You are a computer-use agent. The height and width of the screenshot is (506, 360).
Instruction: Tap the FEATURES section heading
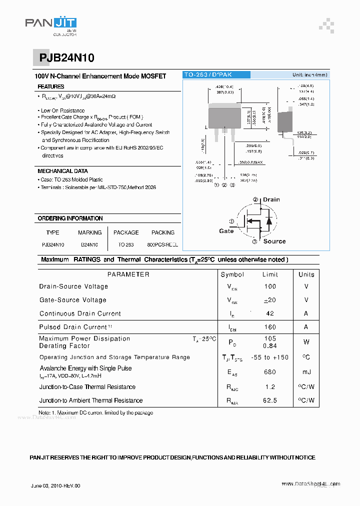coord(51,87)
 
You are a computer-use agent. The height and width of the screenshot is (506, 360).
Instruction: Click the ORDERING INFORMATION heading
coord(70,218)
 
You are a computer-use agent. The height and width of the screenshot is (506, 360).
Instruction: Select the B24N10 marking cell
coord(89,245)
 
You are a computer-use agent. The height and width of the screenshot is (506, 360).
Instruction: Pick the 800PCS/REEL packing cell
coord(163,245)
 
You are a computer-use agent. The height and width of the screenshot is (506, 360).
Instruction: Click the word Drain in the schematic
coord(271,199)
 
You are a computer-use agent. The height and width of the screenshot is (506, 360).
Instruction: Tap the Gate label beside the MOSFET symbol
coord(226,231)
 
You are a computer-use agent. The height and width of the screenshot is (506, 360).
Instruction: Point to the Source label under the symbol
coord(274,241)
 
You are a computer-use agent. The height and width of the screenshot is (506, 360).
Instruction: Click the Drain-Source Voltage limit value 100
coord(270,286)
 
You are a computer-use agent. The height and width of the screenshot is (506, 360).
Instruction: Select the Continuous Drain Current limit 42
coord(270,313)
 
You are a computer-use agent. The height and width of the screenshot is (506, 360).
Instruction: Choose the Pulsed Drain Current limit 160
coord(270,327)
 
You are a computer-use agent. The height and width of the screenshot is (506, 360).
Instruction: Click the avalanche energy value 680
coord(270,372)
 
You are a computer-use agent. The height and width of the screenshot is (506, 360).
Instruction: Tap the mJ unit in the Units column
coord(306,372)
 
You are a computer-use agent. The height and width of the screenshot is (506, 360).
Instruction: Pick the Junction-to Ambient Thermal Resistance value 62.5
coord(270,400)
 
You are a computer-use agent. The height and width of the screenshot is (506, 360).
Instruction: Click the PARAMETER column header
coord(128,274)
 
